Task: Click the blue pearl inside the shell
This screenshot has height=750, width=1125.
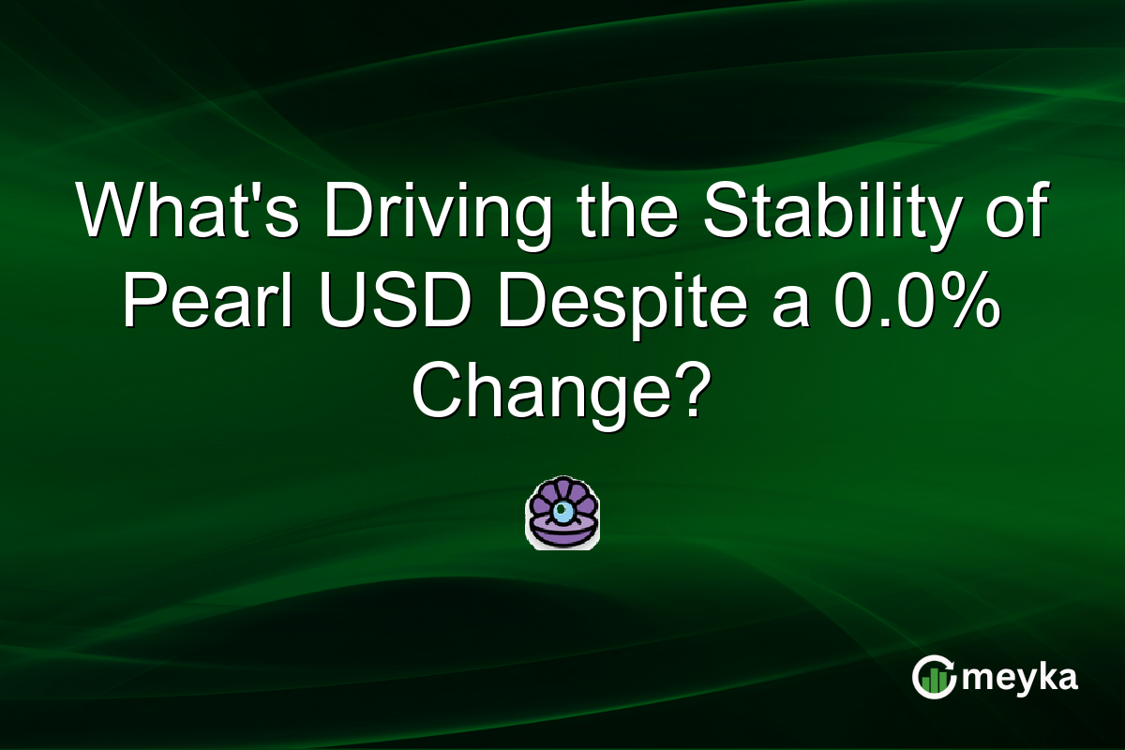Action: pyautogui.click(x=562, y=511)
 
